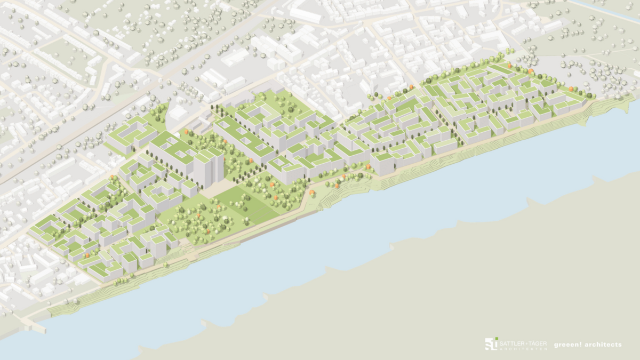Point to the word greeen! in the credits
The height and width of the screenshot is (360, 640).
pyautogui.click(x=567, y=345)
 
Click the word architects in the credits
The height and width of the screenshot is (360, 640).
pyautogui.click(x=603, y=345)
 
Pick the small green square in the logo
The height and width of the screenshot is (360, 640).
pyautogui.click(x=496, y=339)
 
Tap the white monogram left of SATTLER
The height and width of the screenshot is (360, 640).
pyautogui.click(x=490, y=345)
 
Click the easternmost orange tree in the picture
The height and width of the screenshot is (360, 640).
pyautogui.click(x=570, y=89)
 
